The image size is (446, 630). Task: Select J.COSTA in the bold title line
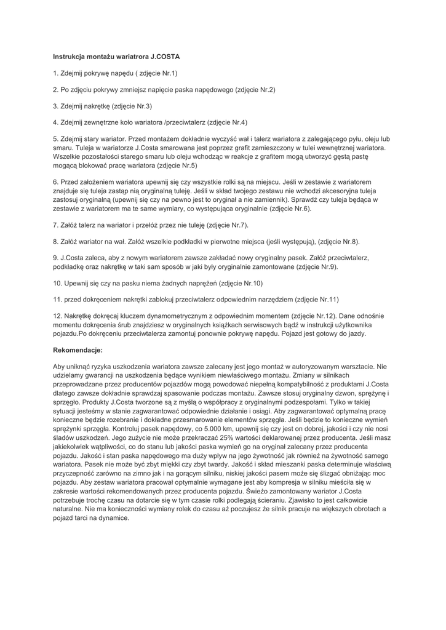coord(165,57)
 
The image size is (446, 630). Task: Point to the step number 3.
coord(55,106)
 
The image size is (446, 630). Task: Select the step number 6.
coord(55,183)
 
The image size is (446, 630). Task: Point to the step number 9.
coord(55,258)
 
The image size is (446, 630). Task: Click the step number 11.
coord(57,300)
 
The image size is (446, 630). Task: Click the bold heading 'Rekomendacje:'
coord(78,350)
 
